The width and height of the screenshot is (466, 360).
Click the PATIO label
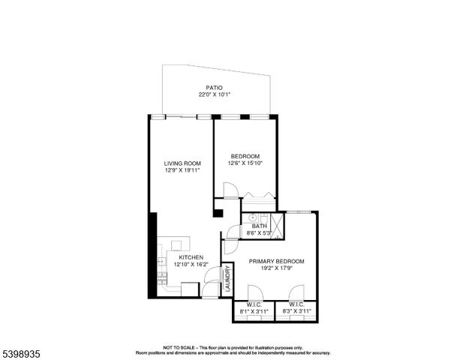point(215,88)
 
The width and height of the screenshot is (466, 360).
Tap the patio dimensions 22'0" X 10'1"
point(215,95)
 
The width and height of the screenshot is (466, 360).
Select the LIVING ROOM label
point(182,163)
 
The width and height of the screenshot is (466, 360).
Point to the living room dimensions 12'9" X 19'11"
point(182,170)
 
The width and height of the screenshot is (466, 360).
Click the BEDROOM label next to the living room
point(245,156)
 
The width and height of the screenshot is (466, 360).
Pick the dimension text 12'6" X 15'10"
point(245,163)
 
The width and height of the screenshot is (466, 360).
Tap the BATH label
point(259,226)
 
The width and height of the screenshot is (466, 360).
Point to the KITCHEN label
point(191,256)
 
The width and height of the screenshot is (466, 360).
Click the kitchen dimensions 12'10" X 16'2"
point(191,264)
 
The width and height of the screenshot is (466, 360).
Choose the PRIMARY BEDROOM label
point(277,261)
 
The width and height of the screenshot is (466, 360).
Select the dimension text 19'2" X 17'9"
point(277,268)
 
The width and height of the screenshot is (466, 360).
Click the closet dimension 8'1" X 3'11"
point(253,310)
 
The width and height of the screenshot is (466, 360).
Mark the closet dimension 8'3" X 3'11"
point(296,310)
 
